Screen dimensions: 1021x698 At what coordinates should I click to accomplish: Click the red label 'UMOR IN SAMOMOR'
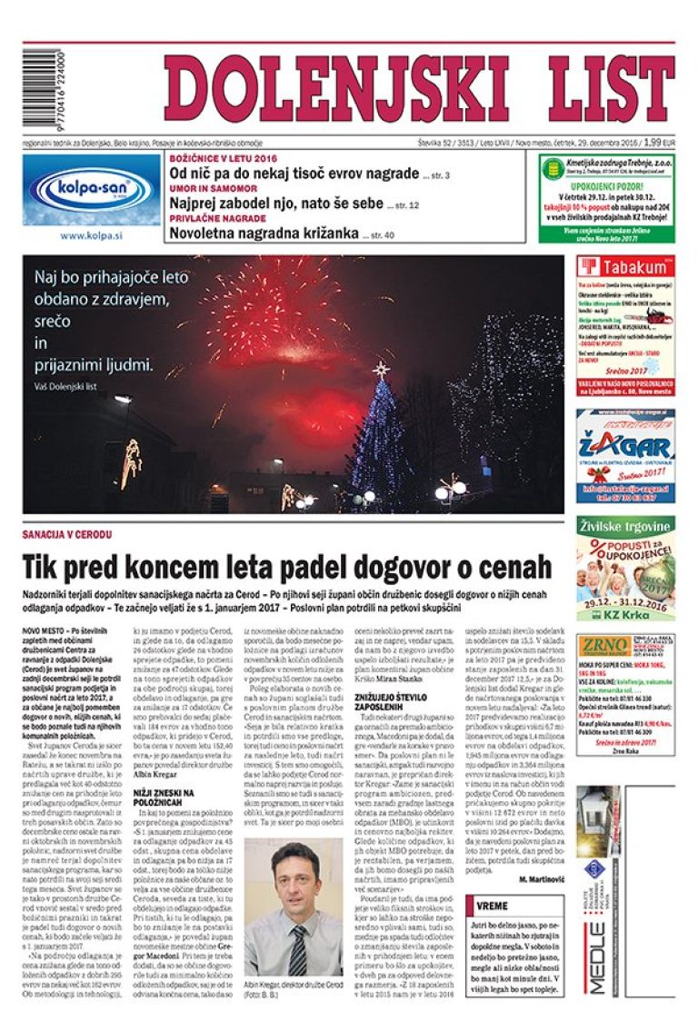click(200, 187)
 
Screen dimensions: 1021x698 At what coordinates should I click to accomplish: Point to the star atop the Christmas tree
click(381, 369)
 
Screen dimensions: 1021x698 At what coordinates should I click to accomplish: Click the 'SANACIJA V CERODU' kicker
click(60, 536)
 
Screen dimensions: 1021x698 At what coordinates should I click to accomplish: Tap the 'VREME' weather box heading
click(493, 906)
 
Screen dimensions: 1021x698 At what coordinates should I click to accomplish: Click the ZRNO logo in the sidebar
click(603, 647)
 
